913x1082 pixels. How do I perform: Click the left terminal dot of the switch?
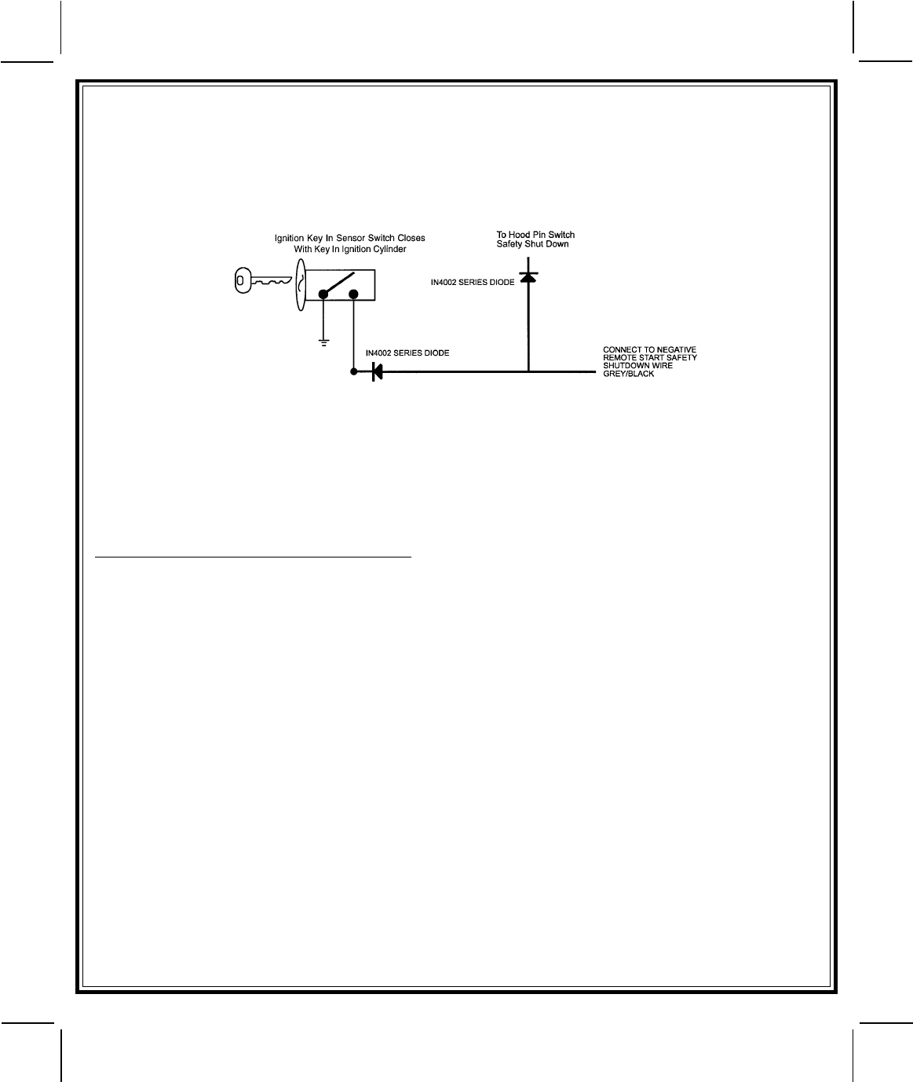click(323, 294)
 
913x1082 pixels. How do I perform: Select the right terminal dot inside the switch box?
click(353, 294)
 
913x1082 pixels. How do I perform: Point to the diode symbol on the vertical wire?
click(528, 278)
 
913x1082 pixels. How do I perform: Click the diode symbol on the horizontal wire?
click(377, 371)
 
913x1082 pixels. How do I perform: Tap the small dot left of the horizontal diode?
click(354, 371)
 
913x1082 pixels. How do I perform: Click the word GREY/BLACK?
click(628, 374)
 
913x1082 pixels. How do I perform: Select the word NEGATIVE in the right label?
click(676, 349)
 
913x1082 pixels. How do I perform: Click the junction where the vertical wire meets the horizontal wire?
click(528, 371)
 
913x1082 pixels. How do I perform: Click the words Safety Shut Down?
click(532, 244)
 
